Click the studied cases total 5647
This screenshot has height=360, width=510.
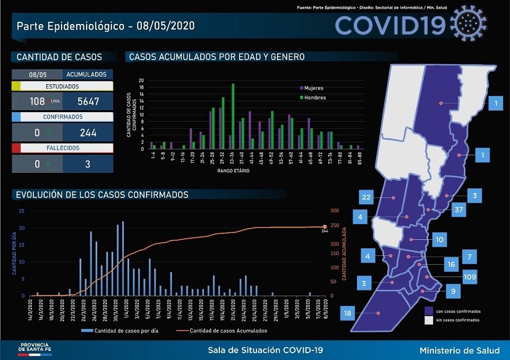pos(88,102)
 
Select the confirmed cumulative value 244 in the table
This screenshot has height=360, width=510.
pos(88,132)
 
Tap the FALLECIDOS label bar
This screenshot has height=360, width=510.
pos(62,148)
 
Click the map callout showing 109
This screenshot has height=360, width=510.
pos(470,277)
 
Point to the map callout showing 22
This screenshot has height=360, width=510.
pos(366,198)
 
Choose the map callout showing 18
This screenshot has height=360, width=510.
pos(347,314)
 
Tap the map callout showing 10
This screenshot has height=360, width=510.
pos(439,240)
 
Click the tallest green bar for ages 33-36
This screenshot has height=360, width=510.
pos(233,116)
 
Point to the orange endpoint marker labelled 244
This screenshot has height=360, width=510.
pos(325,227)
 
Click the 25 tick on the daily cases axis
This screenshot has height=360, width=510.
pos(21,211)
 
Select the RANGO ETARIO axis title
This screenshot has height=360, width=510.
pos(234,171)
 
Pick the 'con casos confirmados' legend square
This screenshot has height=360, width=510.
pos(428,311)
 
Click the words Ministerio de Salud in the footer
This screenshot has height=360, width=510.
pos(459,350)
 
